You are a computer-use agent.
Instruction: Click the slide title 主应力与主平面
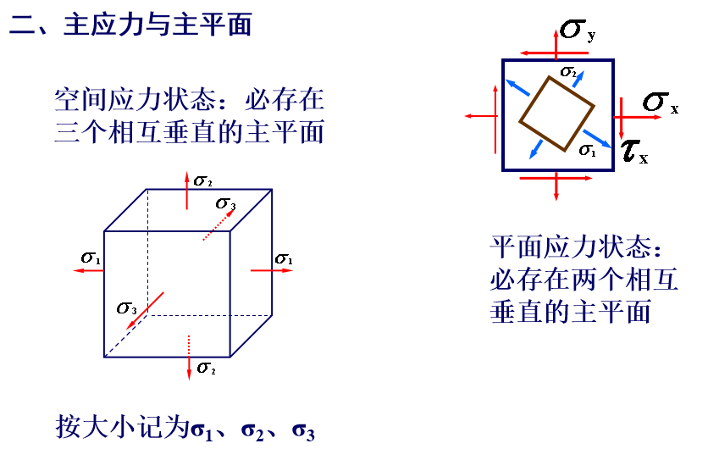158,25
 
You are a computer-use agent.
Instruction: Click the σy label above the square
578,30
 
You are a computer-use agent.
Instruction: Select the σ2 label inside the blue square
568,71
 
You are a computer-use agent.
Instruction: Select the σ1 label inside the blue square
588,150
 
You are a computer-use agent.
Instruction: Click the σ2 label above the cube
202,180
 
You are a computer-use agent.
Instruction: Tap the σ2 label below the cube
207,369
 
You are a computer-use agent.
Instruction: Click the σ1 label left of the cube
91,258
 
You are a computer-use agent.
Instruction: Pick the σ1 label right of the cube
284,259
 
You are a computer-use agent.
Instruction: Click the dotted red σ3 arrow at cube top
219,224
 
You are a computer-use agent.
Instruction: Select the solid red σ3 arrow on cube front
145,311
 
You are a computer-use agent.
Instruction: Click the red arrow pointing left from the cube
89,270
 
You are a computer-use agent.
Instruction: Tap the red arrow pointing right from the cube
272,270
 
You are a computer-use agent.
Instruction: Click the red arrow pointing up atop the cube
187,191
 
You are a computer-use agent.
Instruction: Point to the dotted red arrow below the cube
189,358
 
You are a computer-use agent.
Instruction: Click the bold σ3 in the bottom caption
303,431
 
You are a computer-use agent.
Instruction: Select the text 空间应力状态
135,100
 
